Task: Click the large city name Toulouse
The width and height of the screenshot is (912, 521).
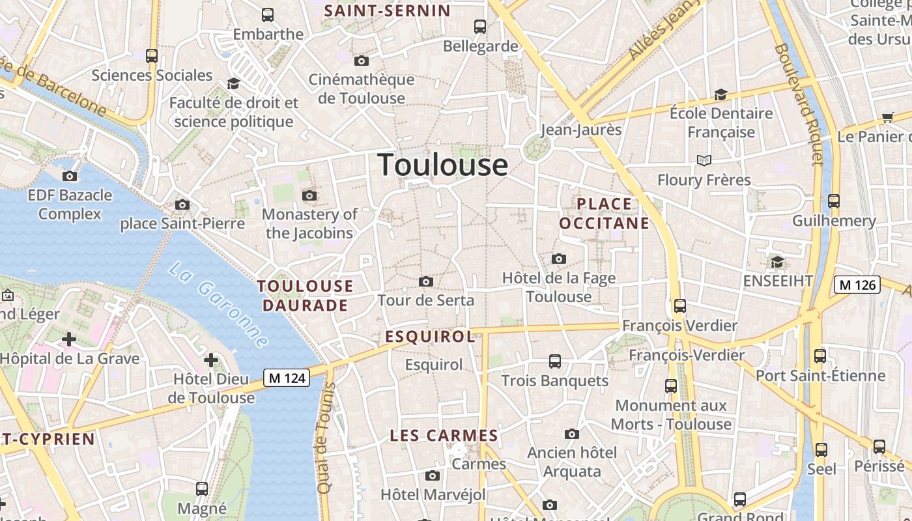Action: pyautogui.click(x=442, y=164)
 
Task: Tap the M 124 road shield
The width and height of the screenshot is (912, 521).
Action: pyautogui.click(x=287, y=378)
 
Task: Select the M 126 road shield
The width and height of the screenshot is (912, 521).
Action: pyautogui.click(x=857, y=285)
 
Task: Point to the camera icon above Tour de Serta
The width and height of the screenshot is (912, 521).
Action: pyautogui.click(x=426, y=281)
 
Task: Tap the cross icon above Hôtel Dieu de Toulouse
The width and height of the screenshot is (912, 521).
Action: pyautogui.click(x=211, y=359)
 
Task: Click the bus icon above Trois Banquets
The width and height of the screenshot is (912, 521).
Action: pyautogui.click(x=555, y=361)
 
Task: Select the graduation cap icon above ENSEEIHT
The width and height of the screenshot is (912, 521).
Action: pyautogui.click(x=777, y=262)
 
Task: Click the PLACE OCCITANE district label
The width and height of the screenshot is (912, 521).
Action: pyautogui.click(x=605, y=214)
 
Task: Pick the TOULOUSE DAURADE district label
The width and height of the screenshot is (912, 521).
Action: pyautogui.click(x=305, y=296)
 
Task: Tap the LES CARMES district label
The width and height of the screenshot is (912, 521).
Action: pyautogui.click(x=444, y=436)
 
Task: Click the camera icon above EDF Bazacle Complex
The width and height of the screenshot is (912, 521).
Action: pyautogui.click(x=70, y=176)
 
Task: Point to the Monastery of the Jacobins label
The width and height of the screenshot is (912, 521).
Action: pyautogui.click(x=309, y=223)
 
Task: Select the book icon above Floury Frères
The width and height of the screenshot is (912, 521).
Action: pyautogui.click(x=704, y=160)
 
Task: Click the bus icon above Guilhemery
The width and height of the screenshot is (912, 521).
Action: pyautogui.click(x=834, y=201)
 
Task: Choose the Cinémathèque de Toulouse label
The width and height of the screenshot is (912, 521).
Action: pyautogui.click(x=362, y=89)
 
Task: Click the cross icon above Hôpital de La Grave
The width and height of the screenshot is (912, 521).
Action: pyautogui.click(x=69, y=339)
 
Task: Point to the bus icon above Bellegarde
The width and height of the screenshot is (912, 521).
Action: pyautogui.click(x=480, y=27)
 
